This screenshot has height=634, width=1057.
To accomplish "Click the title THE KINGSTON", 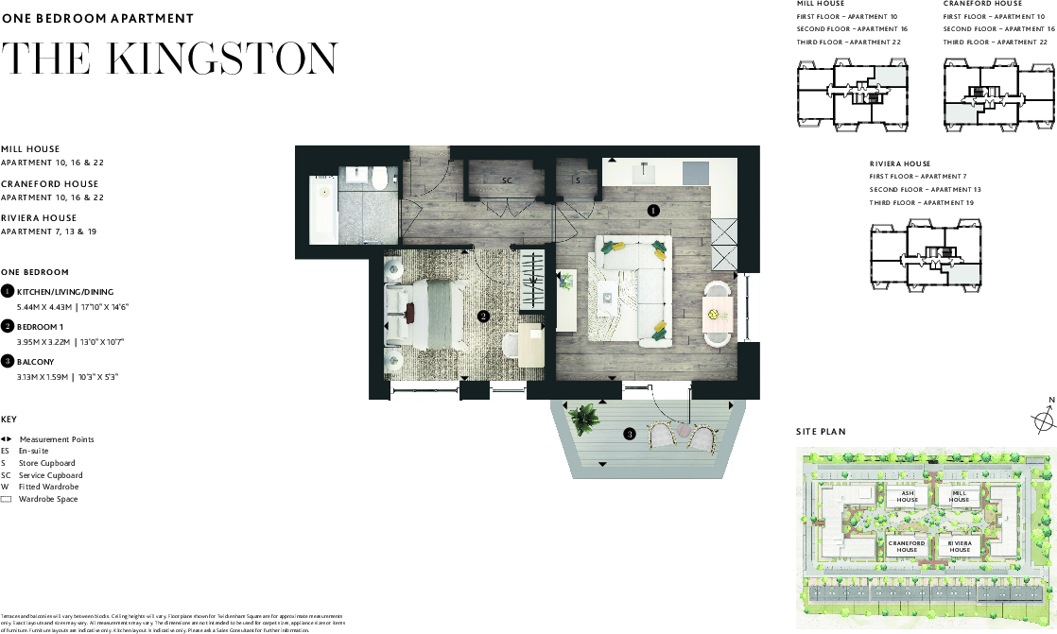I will (169, 59).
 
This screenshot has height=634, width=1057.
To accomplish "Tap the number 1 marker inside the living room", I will (653, 211).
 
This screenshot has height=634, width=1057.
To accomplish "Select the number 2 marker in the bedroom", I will (483, 317).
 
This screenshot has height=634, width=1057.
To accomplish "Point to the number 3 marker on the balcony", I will (630, 435).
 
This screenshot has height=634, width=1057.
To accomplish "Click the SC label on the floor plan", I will (507, 180).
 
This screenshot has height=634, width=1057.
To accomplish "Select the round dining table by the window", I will (718, 311).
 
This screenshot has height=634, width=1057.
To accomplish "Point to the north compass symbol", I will (1044, 420).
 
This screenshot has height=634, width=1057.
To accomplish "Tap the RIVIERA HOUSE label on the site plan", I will (960, 547).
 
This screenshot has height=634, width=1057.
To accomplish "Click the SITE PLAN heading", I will (821, 432).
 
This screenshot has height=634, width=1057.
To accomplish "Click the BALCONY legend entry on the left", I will (35, 362).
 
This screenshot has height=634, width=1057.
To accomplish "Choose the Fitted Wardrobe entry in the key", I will (49, 487).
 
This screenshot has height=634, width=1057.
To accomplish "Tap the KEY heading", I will (9, 420).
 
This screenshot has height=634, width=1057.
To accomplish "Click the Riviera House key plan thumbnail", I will (926, 256).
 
